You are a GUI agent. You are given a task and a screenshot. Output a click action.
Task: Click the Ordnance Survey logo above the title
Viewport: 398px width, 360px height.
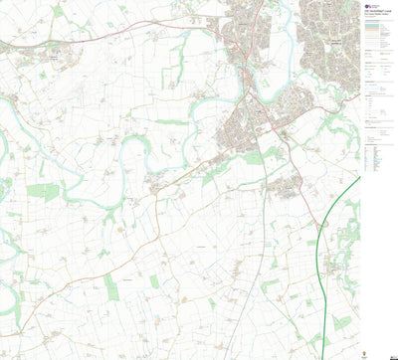(366, 5)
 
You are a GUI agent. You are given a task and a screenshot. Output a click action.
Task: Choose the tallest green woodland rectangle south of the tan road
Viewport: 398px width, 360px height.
(110, 287)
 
